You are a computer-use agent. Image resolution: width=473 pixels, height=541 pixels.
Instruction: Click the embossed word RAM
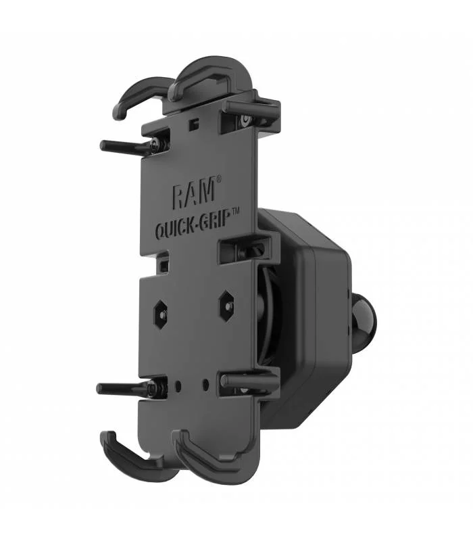(193, 195)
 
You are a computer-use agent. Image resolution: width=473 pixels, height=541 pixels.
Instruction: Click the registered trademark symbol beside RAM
(218, 180)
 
